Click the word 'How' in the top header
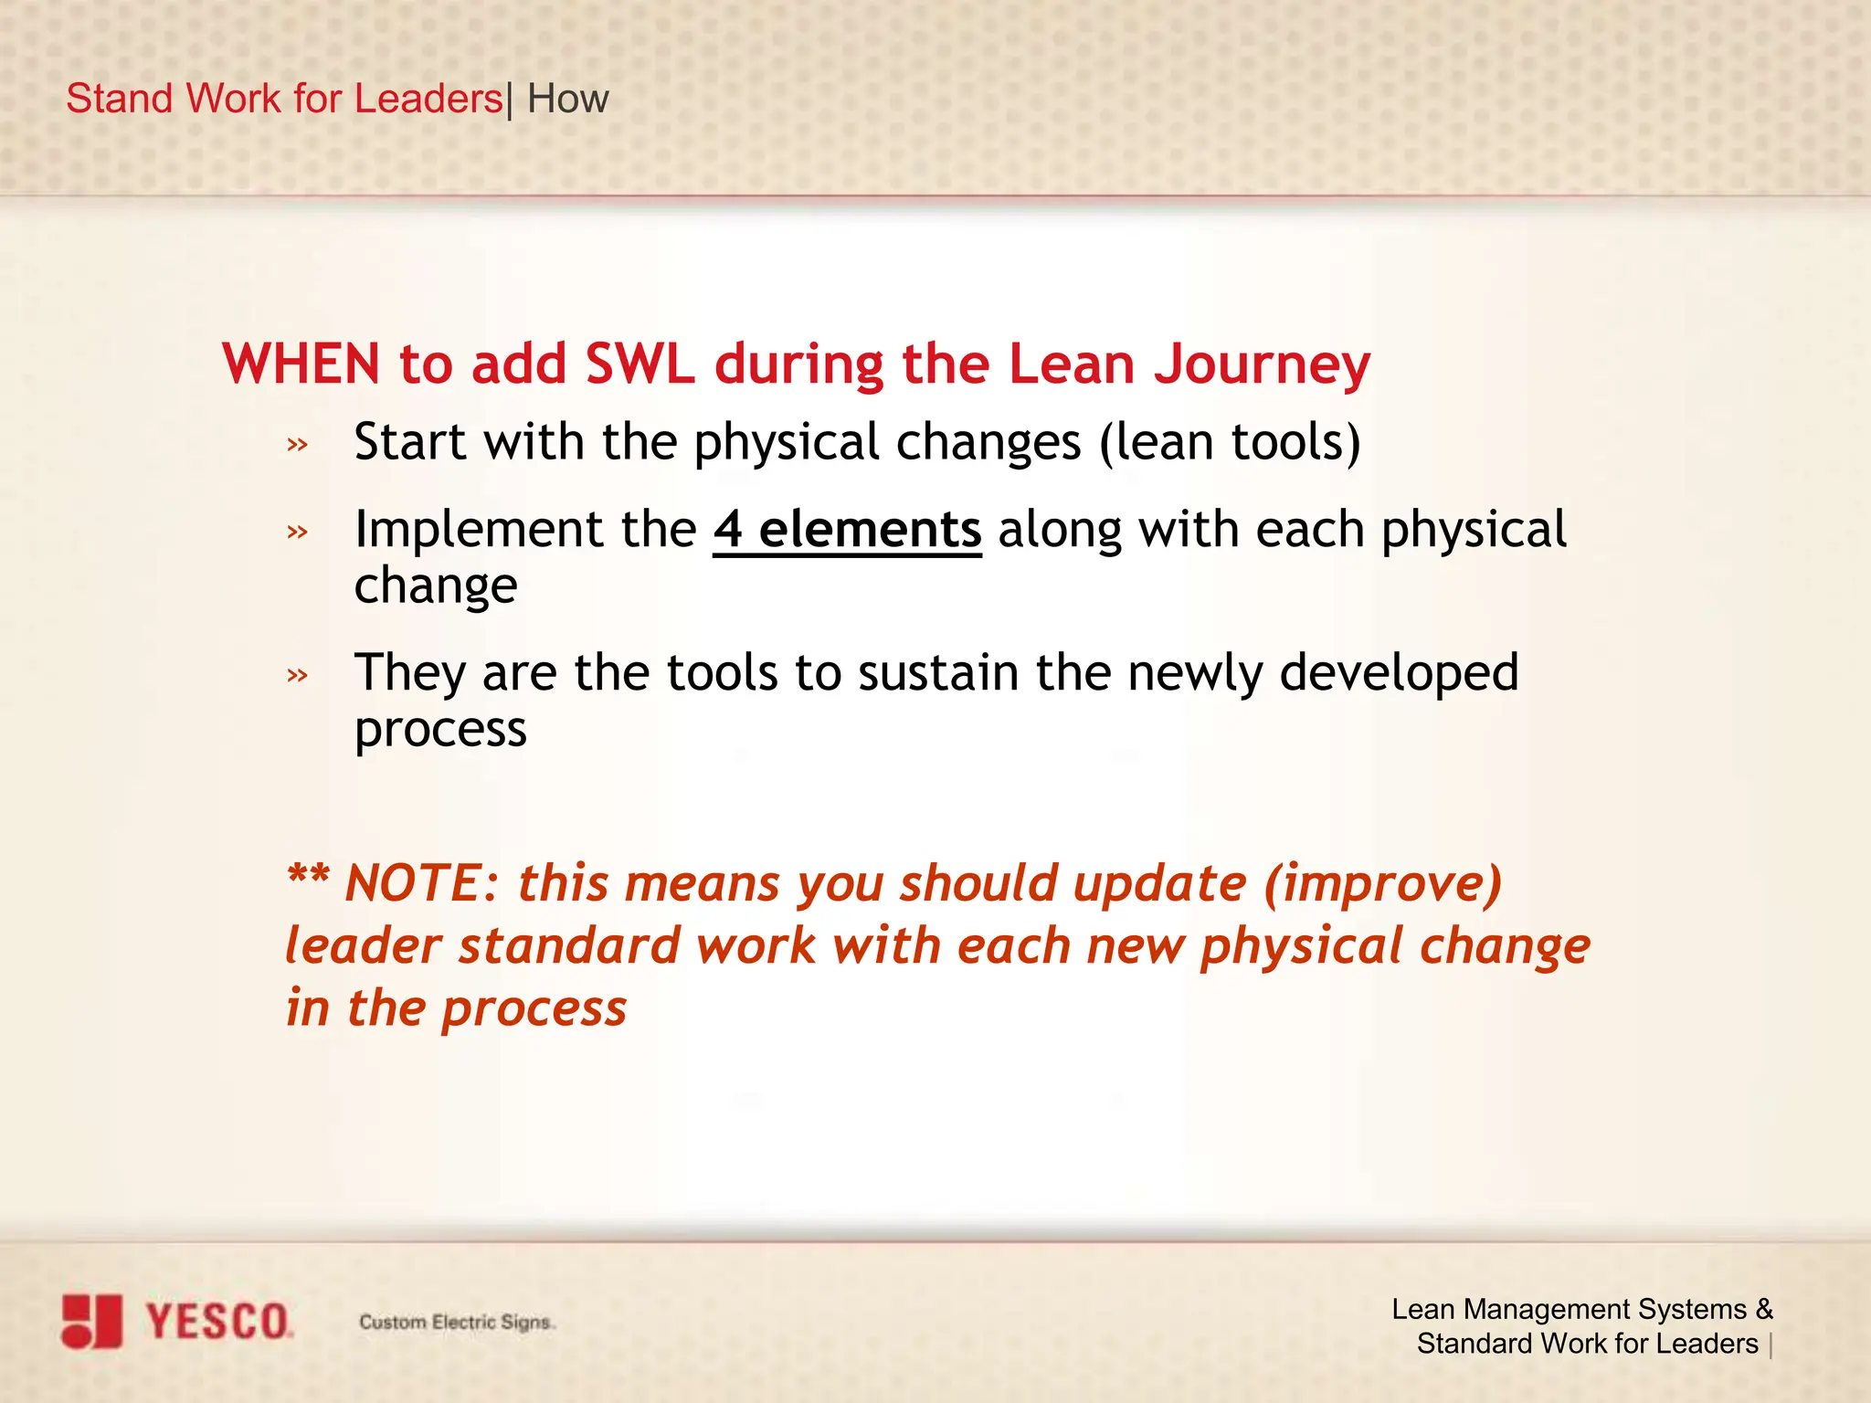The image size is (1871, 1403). [x=567, y=99]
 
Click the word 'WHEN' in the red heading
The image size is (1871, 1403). [x=301, y=364]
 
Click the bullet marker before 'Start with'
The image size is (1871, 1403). [x=297, y=446]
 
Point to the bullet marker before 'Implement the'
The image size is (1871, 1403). [x=297, y=532]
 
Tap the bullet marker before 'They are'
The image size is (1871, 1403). [x=297, y=676]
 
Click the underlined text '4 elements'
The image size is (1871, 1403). [x=847, y=530]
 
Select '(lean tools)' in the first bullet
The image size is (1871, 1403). [x=1230, y=443]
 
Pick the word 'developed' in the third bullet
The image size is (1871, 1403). [x=1399, y=673]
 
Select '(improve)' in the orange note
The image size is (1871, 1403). [x=1382, y=884]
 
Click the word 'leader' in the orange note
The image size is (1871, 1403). [x=363, y=945]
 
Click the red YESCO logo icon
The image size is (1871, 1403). [x=91, y=1321]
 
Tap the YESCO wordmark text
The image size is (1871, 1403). [x=217, y=1322]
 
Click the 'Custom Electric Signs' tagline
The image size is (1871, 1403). [x=455, y=1322]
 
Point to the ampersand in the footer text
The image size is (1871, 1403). [x=1763, y=1309]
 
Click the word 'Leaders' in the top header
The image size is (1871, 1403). [x=428, y=99]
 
